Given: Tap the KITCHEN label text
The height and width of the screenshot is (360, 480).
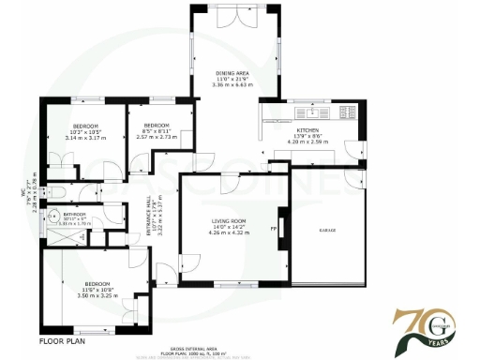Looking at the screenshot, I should click(x=308, y=130).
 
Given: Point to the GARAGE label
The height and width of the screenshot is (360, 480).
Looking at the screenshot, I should click(x=327, y=230).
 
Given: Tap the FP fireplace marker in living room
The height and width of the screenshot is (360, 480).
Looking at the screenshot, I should click(x=274, y=228).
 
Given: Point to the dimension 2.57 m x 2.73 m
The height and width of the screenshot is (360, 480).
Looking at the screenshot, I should click(x=156, y=137).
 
